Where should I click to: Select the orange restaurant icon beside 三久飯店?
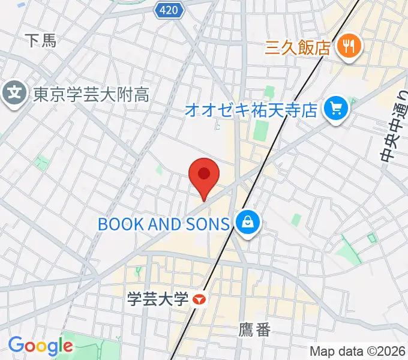click(347, 46)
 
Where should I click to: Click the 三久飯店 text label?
click(298, 47)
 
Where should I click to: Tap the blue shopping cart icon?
click(335, 109)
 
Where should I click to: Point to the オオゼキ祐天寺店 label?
click(251, 110)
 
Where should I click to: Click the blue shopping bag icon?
click(247, 224)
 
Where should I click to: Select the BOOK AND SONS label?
click(164, 224)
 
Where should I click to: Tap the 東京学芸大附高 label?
click(91, 94)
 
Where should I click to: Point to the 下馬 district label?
click(41, 41)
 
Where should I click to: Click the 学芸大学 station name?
click(158, 298)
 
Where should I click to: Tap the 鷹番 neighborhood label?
click(254, 329)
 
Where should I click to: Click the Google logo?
click(40, 346)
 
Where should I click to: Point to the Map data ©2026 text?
click(358, 351)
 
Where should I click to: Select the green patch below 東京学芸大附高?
click(41, 162)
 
